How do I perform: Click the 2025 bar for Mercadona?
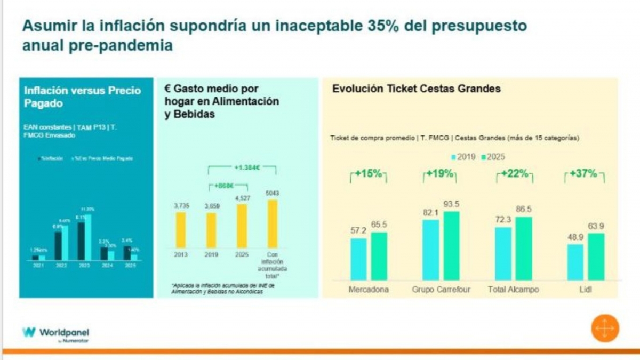point(379,256)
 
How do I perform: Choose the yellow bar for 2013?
point(181,230)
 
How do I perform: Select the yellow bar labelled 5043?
point(273,224)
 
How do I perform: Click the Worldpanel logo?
point(55,333)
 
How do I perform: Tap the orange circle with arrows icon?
point(605,328)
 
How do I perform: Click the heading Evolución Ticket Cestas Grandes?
point(416,89)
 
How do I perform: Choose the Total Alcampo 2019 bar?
point(503,254)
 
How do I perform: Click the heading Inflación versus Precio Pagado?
point(82,97)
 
